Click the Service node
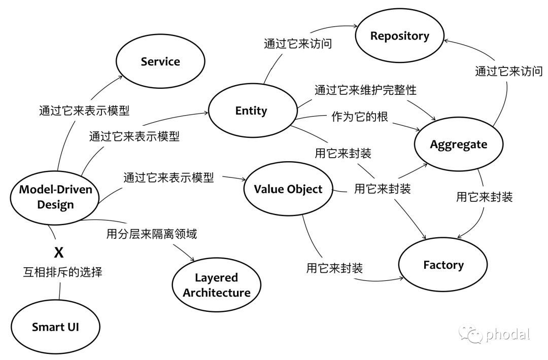[x=160, y=62]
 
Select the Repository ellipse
[x=399, y=36]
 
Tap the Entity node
[x=251, y=111]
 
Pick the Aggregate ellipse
[x=458, y=145]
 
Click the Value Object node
[x=288, y=190]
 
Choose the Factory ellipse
[x=443, y=265]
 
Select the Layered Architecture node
[x=217, y=285]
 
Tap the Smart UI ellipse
[x=55, y=327]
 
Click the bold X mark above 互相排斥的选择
[x=59, y=252]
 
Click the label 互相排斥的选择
[x=63, y=272]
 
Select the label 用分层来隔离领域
[x=151, y=234]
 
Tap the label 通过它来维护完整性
[x=365, y=90]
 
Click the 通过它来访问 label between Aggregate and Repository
[x=508, y=71]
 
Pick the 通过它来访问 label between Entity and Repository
[x=298, y=44]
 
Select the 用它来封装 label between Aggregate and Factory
[x=484, y=197]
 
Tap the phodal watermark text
[x=507, y=335]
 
